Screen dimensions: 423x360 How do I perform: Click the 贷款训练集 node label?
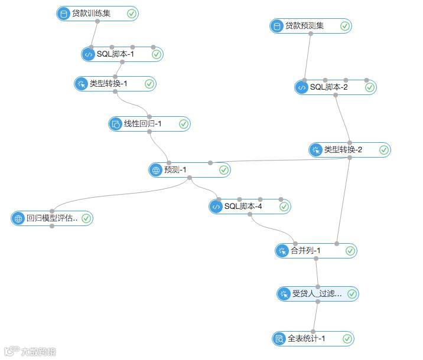(x=91, y=13)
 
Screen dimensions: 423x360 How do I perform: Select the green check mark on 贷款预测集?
(x=345, y=26)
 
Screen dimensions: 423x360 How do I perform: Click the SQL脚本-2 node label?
(x=329, y=87)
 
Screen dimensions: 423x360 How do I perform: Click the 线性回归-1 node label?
(x=142, y=124)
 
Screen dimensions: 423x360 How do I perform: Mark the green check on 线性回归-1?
(x=183, y=124)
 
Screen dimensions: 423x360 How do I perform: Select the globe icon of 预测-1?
(x=156, y=170)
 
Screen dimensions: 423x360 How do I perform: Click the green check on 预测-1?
(x=224, y=170)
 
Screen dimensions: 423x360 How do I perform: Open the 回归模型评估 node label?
(x=52, y=218)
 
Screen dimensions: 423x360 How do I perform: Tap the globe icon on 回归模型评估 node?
(x=18, y=218)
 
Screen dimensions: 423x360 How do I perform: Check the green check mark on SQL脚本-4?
(x=284, y=207)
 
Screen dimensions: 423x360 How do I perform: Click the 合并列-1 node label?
(x=305, y=251)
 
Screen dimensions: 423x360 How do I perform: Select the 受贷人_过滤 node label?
(x=317, y=294)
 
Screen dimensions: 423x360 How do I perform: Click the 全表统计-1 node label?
(x=307, y=339)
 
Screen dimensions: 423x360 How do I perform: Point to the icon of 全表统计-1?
(x=279, y=339)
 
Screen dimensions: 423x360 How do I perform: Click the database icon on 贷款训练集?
(x=64, y=14)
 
